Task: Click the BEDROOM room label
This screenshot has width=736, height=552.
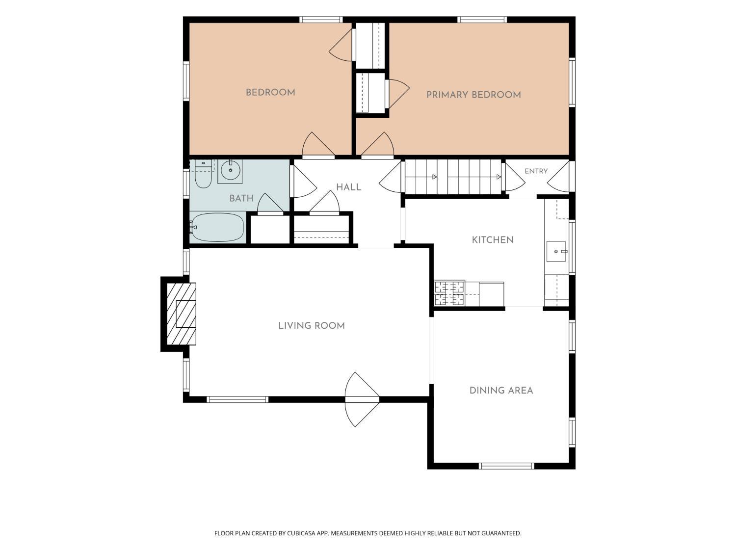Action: click(270, 93)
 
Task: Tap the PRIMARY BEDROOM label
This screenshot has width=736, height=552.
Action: click(473, 95)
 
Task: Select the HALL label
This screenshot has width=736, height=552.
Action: click(349, 187)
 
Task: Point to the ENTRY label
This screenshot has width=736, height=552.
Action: click(536, 171)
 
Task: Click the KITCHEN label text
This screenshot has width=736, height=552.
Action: click(493, 240)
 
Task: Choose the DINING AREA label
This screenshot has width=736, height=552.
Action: click(501, 390)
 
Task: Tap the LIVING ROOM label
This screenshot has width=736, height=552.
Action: click(312, 326)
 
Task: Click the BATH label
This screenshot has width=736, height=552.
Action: click(241, 198)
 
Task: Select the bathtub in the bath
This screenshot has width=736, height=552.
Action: click(217, 228)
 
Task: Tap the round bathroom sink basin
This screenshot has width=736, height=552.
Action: click(230, 170)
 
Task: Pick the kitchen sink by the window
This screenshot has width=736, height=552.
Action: click(556, 251)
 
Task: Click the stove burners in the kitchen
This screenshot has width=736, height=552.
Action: click(449, 293)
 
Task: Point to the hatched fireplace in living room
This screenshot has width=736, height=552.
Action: click(182, 314)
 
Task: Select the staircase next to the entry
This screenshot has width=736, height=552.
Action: click(453, 177)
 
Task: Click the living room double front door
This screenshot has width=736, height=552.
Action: click(362, 399)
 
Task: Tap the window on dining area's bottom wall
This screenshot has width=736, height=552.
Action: click(506, 466)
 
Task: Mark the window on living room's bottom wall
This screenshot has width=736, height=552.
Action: click(237, 399)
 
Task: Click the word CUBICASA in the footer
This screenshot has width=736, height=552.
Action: click(301, 533)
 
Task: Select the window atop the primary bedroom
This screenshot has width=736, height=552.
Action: click(482, 20)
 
